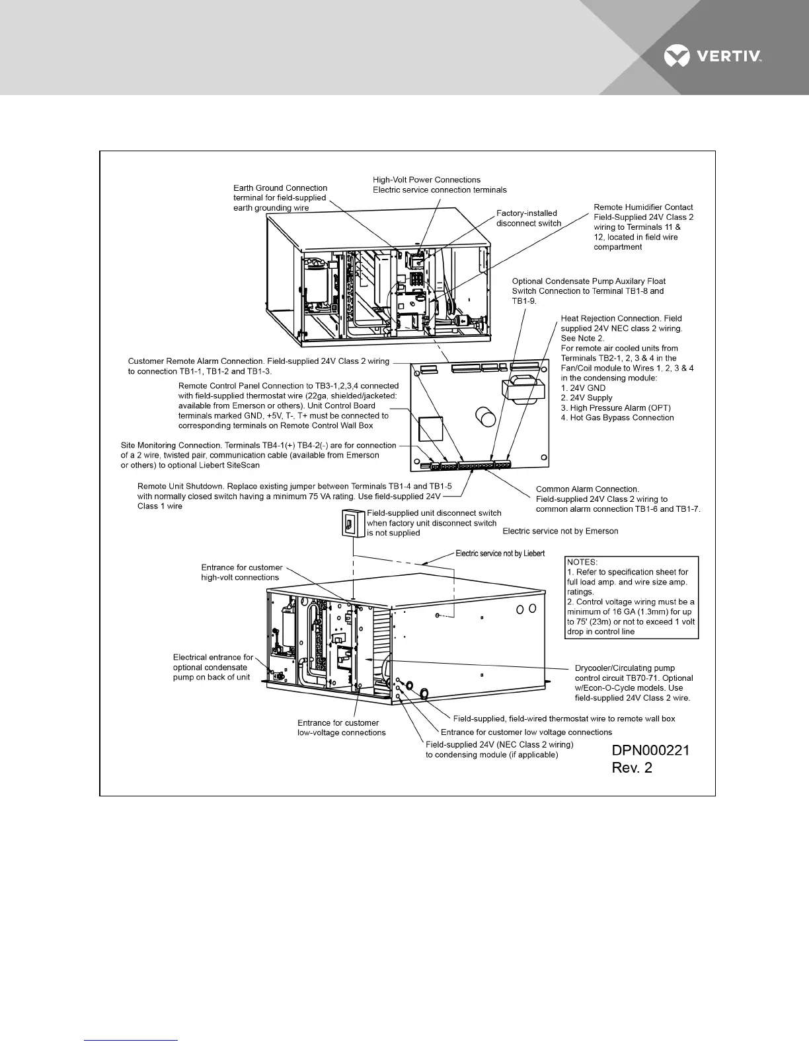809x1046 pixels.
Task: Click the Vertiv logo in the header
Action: (713, 57)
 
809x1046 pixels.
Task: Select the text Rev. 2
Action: (632, 768)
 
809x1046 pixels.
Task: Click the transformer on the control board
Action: (520, 390)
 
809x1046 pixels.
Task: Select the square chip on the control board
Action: (429, 429)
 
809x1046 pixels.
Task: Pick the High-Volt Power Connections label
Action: (426, 180)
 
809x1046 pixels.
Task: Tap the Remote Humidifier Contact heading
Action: (643, 207)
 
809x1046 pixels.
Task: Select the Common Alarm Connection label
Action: (588, 489)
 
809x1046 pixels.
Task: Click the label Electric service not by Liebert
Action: (500, 553)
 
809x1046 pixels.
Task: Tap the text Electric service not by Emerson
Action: (560, 531)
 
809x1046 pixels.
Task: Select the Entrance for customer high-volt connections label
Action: (241, 573)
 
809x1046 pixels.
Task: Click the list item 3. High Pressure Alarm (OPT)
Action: (616, 407)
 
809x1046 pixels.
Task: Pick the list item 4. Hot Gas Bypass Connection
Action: (617, 417)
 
